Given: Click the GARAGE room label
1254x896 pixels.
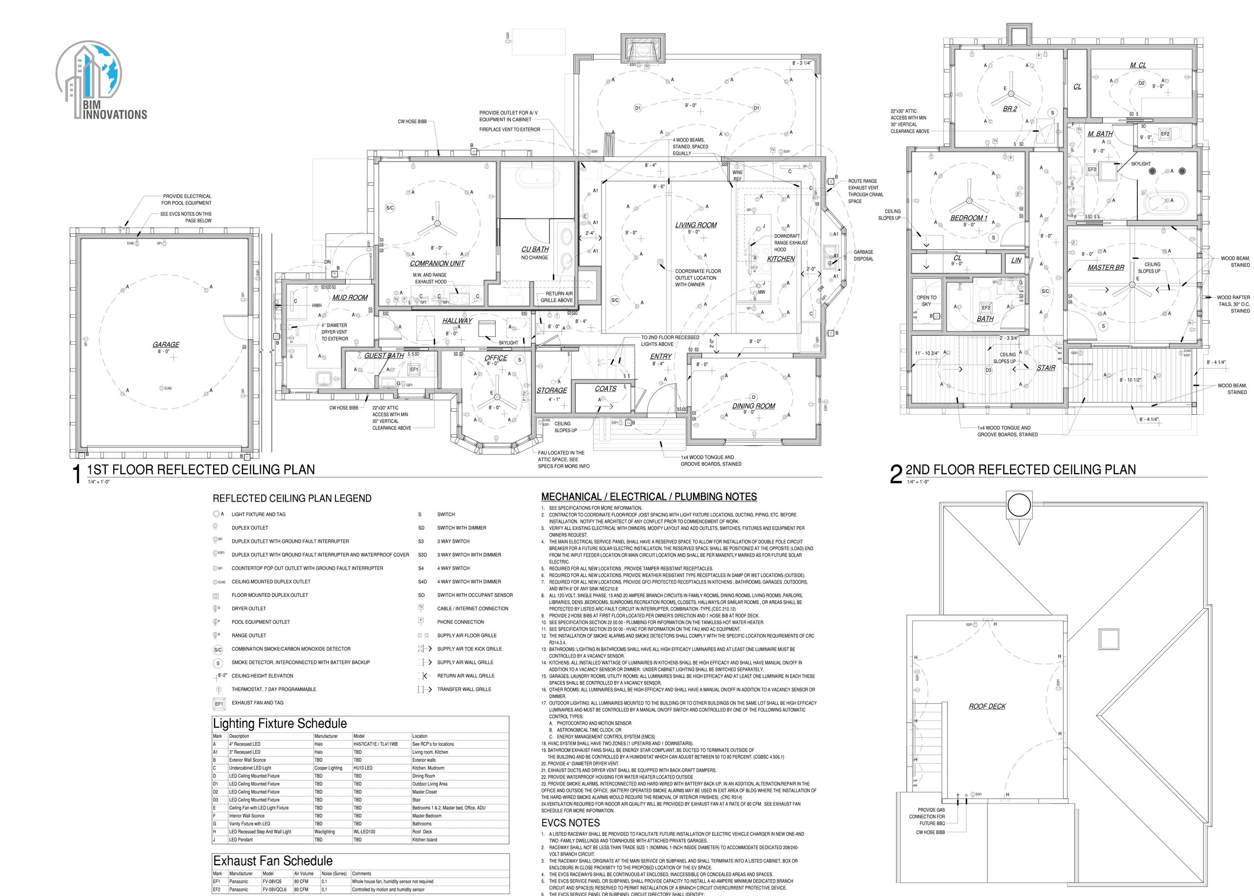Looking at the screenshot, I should (x=166, y=344).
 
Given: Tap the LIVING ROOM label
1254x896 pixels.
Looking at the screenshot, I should (x=696, y=225).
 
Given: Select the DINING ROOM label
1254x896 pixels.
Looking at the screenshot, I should (x=753, y=405).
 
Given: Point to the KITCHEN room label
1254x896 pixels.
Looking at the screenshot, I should (x=780, y=258).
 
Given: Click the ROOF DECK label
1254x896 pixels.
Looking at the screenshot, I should (x=987, y=706).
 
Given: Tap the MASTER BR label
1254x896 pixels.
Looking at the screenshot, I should (x=1106, y=267).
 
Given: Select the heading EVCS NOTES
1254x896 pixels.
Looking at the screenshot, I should (x=570, y=823).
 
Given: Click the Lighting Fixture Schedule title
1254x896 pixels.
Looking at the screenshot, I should (x=280, y=723).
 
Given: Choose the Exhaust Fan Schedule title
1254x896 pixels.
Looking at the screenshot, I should (x=273, y=861).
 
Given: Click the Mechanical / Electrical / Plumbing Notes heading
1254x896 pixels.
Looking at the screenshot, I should (x=649, y=496).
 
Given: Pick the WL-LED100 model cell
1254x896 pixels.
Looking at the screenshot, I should (x=362, y=831).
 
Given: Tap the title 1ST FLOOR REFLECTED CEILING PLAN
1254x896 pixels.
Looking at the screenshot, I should (x=201, y=470).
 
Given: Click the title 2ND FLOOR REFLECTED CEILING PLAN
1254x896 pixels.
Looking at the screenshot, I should (x=1020, y=470).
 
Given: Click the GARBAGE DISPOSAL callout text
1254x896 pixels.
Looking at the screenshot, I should (x=863, y=255).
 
